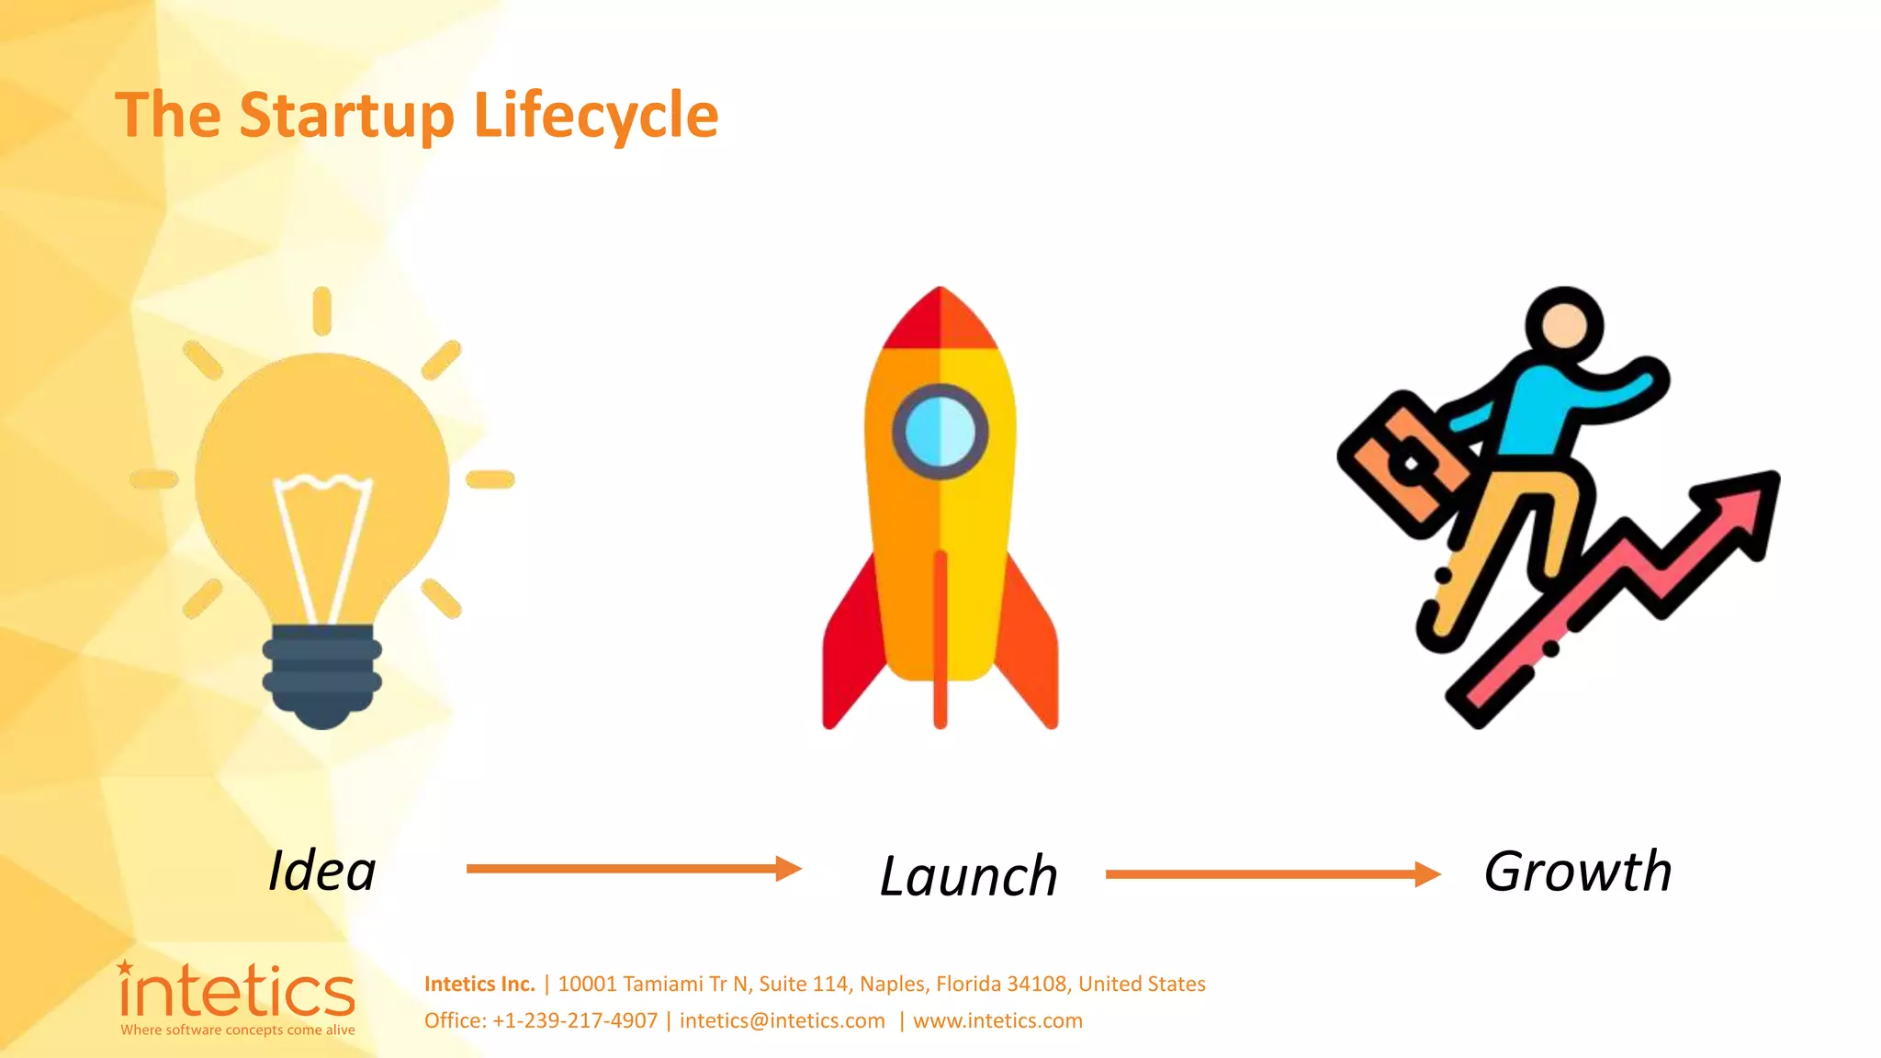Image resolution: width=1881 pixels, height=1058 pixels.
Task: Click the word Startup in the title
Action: coord(346,116)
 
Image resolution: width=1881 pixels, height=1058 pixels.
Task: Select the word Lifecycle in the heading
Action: coord(595,116)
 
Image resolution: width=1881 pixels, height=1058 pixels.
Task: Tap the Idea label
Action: coord(322,871)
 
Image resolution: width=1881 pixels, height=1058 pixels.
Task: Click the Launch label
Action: coord(969,875)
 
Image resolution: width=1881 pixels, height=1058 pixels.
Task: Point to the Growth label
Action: coord(1578,871)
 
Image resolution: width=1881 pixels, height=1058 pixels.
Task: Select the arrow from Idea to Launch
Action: coord(634,868)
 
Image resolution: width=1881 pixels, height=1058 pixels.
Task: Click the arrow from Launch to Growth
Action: coord(1273,874)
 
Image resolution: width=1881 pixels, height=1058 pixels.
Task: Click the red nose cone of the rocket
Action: coord(940,321)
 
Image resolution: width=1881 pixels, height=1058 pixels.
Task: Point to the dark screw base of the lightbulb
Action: coord(321,675)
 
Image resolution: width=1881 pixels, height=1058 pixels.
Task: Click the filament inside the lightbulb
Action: coord(322,542)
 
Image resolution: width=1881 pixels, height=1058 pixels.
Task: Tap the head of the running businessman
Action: coord(1564,326)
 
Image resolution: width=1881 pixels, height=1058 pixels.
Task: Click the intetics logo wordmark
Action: coord(237,992)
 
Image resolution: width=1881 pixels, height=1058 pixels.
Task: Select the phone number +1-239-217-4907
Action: coord(575,1020)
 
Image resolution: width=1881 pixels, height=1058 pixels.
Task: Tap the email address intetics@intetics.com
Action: coord(783,1020)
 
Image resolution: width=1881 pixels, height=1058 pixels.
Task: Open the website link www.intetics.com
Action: coord(997,1020)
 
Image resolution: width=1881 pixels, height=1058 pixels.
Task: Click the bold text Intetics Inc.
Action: coord(479,984)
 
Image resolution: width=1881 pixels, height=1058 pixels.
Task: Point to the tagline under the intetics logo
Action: coord(238,1030)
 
